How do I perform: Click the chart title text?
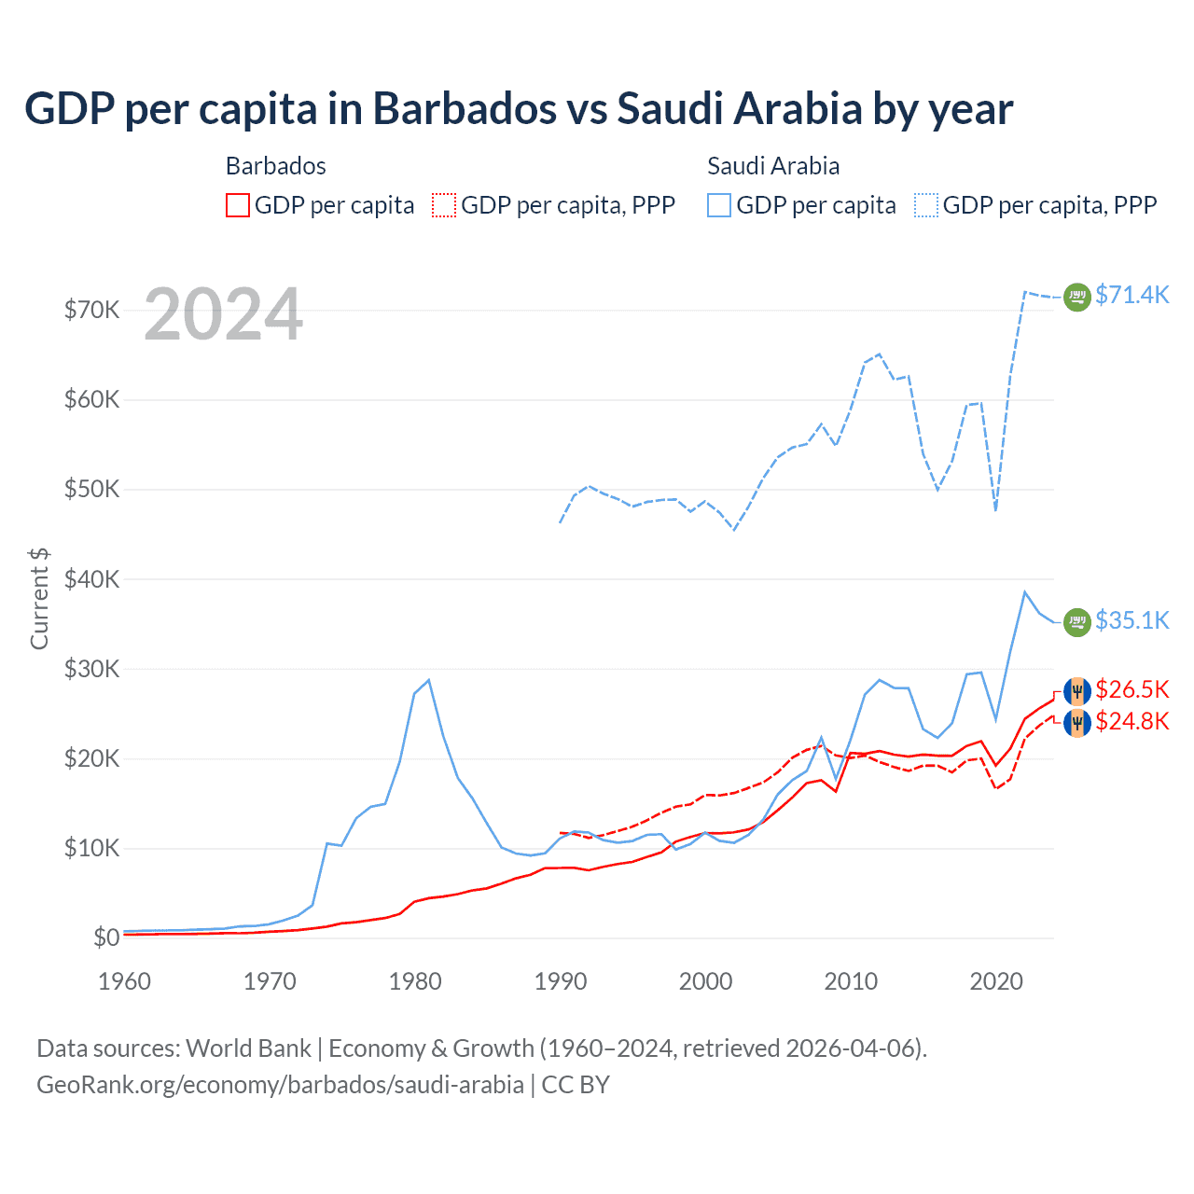(x=519, y=109)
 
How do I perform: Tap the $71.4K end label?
(x=1132, y=295)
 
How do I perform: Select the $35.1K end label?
(x=1132, y=620)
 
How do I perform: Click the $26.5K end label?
(x=1132, y=689)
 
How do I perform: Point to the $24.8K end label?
(x=1132, y=721)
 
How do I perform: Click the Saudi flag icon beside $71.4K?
(x=1077, y=297)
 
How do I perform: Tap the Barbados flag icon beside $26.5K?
(x=1077, y=691)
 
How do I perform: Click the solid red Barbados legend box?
(x=238, y=205)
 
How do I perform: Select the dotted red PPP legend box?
(x=445, y=205)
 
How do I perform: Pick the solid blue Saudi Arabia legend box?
(x=719, y=205)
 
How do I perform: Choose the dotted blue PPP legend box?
(x=926, y=205)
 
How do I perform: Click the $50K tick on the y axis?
(x=91, y=490)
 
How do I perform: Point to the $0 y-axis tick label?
(x=106, y=937)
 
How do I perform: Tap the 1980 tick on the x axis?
(x=415, y=981)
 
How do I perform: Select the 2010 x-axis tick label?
(x=851, y=981)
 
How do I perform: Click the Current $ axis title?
(x=39, y=598)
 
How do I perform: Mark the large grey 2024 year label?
(x=223, y=315)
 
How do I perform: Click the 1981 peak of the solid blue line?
(x=428, y=680)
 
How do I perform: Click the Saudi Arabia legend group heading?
(x=773, y=166)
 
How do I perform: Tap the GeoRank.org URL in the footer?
(x=280, y=1085)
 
